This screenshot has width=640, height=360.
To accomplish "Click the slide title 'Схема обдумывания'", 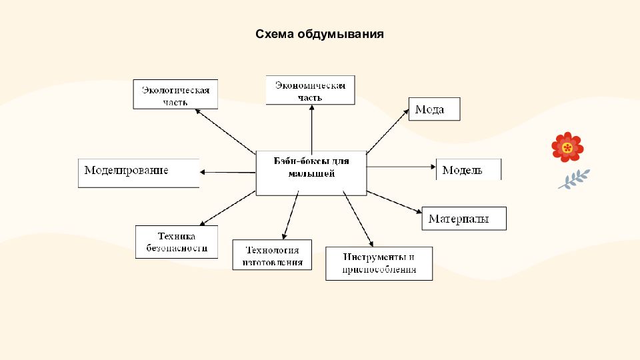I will coord(319,33).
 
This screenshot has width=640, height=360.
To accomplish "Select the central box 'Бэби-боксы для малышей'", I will coord(311,173).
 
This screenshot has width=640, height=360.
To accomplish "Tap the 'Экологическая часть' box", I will coord(176,95).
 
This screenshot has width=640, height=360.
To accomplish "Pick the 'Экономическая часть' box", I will coord(310,90).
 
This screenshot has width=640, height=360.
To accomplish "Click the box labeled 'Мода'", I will coord(433,109).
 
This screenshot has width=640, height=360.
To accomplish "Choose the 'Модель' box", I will coord(468,169).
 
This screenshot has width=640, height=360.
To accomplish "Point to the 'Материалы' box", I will coord(464,219).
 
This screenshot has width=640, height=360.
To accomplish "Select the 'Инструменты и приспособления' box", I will coord(379,263).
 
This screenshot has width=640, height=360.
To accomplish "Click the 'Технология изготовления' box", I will coord(272,255).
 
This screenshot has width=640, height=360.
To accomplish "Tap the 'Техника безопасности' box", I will coord(177,242).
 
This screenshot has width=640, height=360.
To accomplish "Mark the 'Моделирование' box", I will coord(139,173).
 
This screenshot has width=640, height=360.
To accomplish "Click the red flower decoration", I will coord(567,147).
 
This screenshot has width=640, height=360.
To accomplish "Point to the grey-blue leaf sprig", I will coord(574,179).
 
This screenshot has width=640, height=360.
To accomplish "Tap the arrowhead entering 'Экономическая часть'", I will coord(311,108).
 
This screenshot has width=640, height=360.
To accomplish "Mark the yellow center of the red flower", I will coord(567,147).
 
